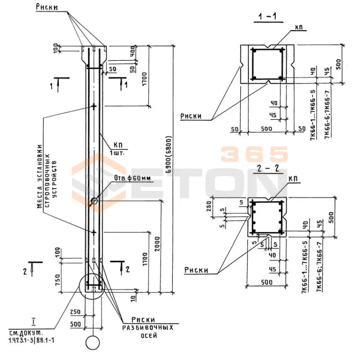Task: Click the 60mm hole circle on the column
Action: click(93, 201)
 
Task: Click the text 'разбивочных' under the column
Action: click(148, 328)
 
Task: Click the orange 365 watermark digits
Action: click(254, 154)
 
